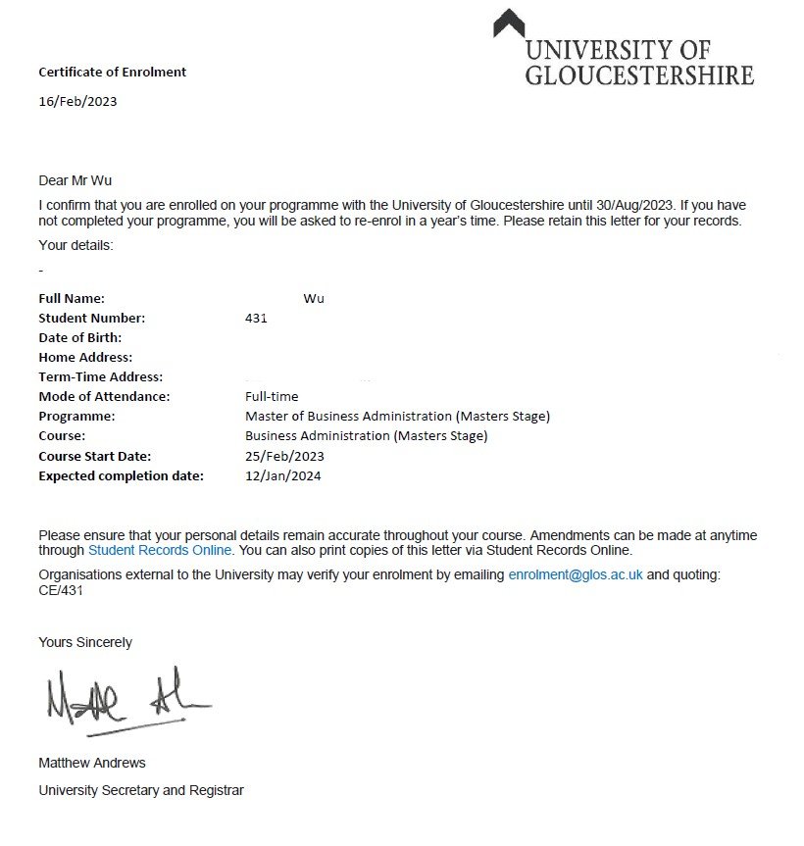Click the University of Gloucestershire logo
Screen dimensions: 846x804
point(625,50)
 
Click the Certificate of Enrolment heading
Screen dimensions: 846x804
point(112,72)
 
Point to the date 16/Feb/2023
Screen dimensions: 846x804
point(77,101)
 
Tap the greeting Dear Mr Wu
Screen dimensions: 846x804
point(81,180)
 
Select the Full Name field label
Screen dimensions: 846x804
point(72,298)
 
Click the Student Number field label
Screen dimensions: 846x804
point(91,318)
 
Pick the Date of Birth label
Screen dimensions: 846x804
point(80,337)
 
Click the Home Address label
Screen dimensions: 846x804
point(85,357)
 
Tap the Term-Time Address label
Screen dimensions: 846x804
point(100,376)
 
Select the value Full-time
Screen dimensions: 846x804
point(272,397)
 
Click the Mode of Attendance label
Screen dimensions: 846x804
point(104,397)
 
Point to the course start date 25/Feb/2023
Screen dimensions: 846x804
point(284,456)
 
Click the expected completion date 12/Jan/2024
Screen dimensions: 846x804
point(283,476)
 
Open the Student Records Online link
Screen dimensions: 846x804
point(167,550)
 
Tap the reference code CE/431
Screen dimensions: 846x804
point(62,590)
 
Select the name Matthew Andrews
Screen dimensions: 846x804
point(91,762)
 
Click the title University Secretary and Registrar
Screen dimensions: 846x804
point(141,789)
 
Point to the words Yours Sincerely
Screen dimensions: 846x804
point(85,642)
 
